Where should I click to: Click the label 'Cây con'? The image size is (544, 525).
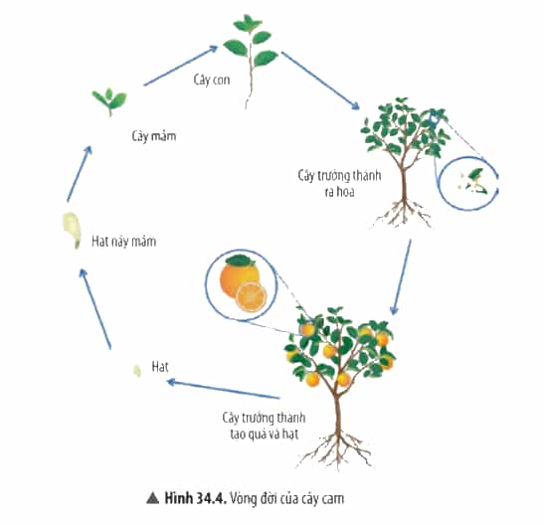212,81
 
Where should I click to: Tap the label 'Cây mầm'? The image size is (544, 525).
154,135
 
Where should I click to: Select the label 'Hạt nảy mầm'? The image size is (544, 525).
124,241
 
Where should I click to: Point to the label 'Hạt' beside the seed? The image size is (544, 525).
160,367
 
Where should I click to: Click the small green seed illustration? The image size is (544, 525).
137,370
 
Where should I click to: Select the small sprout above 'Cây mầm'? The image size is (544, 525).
109,101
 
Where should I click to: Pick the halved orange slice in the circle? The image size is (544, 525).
251,297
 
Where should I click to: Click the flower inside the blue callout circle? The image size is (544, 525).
472,182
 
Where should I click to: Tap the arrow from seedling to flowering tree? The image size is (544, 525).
320,81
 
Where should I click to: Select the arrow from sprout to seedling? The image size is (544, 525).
181,66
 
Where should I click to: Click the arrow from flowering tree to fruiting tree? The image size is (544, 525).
402,276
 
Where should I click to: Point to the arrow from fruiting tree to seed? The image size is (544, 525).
223,390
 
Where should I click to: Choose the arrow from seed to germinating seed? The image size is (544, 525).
95,308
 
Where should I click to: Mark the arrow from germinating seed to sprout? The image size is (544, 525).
80,173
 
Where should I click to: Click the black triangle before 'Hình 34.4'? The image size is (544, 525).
152,498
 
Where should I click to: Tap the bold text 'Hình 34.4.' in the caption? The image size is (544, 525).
196,498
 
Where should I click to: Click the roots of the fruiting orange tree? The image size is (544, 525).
336,449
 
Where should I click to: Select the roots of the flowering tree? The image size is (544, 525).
403,213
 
